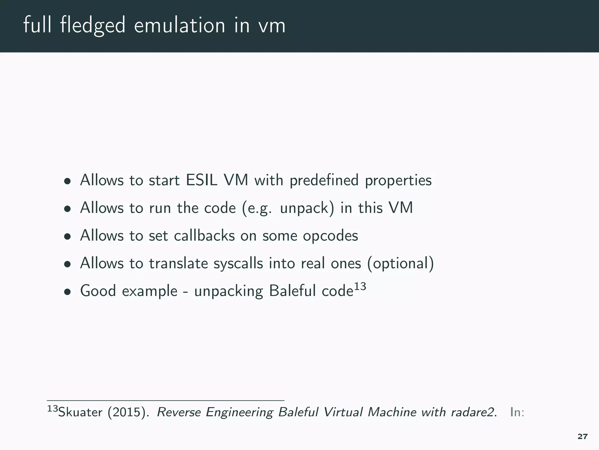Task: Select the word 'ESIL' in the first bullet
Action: click(202, 180)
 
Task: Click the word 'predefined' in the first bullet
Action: click(324, 180)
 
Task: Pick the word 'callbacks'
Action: click(204, 236)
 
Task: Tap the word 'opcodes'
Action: click(330, 236)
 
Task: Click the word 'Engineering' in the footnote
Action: click(240, 412)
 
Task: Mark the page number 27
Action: click(583, 437)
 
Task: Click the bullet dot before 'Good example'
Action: click(68, 292)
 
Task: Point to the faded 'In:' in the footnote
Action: click(517, 412)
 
